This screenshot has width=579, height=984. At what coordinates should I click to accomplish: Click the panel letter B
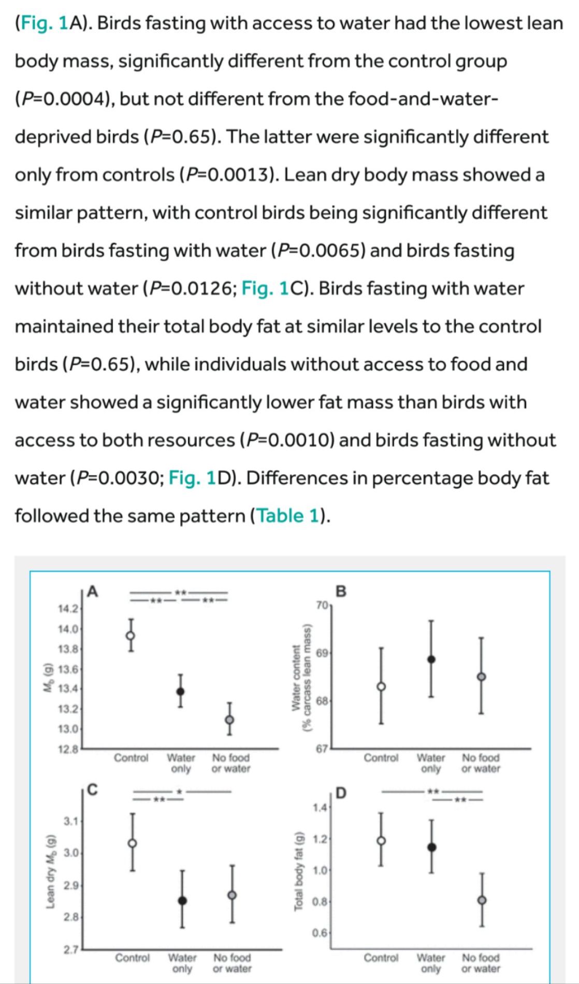pos(341,591)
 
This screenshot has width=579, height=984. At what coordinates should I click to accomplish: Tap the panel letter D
pos(341,793)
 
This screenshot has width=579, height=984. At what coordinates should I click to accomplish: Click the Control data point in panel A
pos(131,635)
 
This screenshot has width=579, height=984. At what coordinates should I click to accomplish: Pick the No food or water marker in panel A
pos(229,719)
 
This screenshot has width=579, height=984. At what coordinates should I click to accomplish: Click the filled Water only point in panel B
pos(431,659)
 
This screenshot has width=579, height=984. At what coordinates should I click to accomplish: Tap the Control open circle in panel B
pos(381,687)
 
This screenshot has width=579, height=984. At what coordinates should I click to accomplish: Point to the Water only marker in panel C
pos(182,900)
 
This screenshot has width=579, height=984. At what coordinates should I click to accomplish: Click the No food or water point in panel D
pos(482,900)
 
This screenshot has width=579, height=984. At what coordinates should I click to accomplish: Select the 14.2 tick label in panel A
pos(68,608)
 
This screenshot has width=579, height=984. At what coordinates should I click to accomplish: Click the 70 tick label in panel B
pos(321,604)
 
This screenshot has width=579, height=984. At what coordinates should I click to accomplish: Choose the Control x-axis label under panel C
pos(132,958)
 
